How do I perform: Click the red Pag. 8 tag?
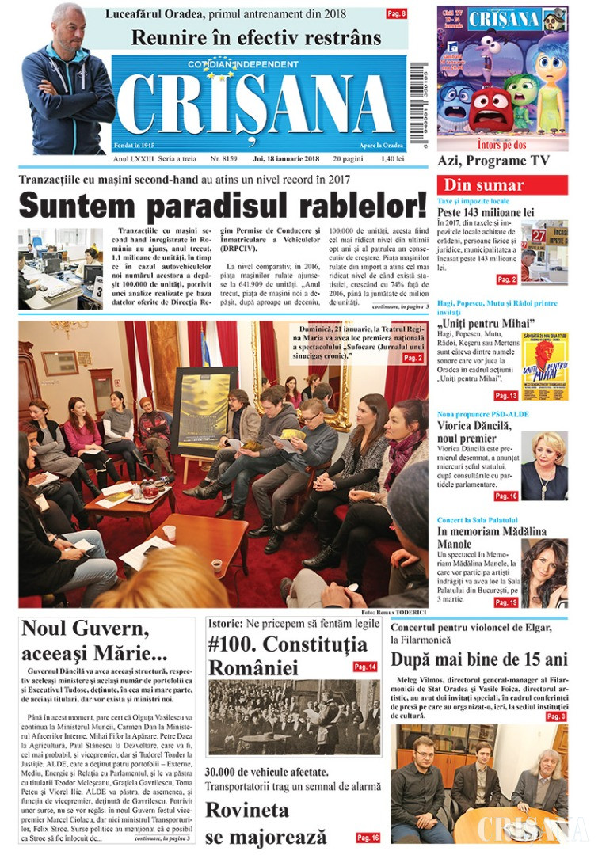tap(396, 13)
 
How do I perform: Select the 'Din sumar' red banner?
tap(502, 185)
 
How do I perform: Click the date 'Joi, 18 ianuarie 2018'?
tap(285, 159)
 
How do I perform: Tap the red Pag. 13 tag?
tap(506, 395)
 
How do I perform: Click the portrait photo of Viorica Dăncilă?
tap(544, 465)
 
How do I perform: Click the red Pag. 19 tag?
tap(506, 602)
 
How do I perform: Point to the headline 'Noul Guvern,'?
tap(85, 630)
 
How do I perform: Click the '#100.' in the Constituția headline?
tap(231, 644)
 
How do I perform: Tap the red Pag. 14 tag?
tap(365, 667)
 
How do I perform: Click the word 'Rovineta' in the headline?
tap(247, 811)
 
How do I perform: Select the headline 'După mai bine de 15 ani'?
tap(478, 659)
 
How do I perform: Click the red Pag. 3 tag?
tap(556, 716)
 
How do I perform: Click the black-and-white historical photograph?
tap(294, 717)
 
